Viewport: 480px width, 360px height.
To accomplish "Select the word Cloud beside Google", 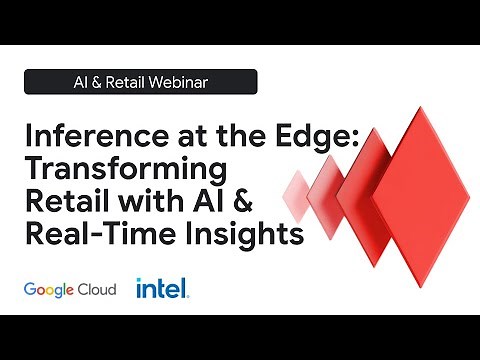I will [x=98, y=289].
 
